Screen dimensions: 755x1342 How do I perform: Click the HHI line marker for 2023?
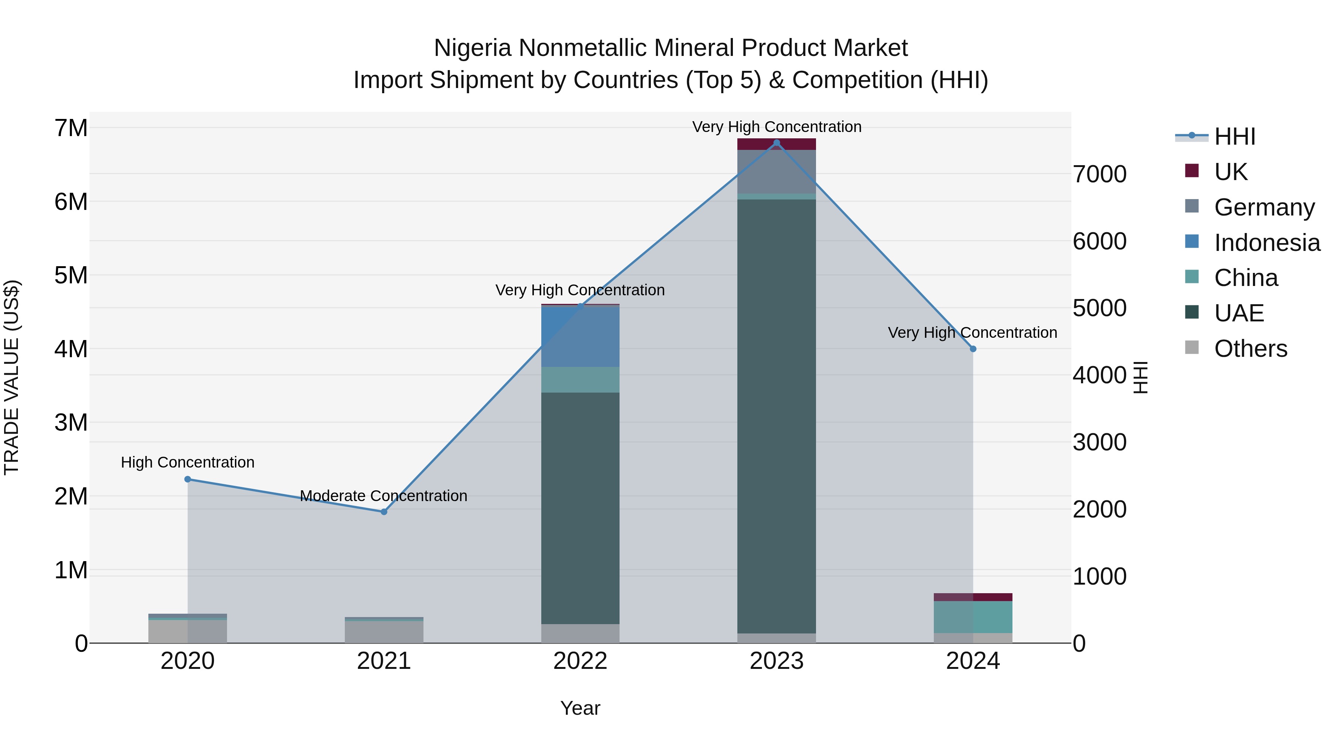[x=776, y=143]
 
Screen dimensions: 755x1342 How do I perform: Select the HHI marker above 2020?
[x=188, y=479]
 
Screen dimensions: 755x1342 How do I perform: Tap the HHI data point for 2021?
[x=384, y=512]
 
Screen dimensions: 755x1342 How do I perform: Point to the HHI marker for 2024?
[x=973, y=349]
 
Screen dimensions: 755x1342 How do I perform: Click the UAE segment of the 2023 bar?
[x=776, y=417]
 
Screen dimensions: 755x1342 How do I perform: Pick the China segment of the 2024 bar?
[x=973, y=617]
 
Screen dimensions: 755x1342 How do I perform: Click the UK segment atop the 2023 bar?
[x=776, y=144]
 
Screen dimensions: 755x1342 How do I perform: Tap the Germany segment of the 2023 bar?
[x=776, y=172]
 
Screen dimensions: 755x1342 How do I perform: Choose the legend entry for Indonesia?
[x=1266, y=243]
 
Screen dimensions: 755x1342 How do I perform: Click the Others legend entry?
[x=1250, y=349]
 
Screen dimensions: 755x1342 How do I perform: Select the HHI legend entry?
[x=1234, y=136]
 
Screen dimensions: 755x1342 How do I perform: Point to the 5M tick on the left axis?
[x=71, y=275]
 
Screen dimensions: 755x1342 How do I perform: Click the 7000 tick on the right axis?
[x=1099, y=174]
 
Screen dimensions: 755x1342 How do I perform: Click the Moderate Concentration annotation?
[x=384, y=496]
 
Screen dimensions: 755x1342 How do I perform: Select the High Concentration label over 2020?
[x=188, y=462]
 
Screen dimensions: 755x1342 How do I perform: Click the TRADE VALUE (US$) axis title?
[x=12, y=377]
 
